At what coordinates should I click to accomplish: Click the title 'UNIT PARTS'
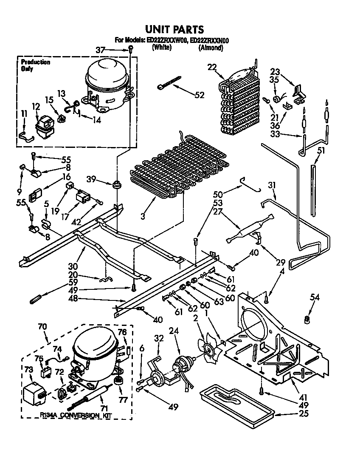(x=174, y=29)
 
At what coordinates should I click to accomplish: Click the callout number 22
(x=212, y=67)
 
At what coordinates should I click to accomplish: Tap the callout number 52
(x=200, y=95)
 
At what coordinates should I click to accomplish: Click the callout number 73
(x=28, y=369)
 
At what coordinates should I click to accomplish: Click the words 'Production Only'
(x=35, y=65)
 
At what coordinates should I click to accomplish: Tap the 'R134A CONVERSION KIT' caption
(x=75, y=416)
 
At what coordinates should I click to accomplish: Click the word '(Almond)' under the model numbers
(x=211, y=48)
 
